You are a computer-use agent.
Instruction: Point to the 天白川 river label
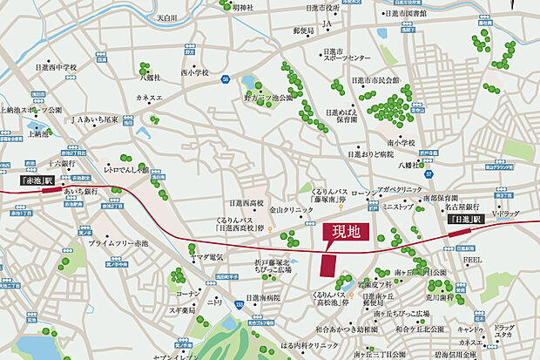pyautogui.click(x=190, y=17)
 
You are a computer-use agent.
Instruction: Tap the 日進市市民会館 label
pyautogui.click(x=375, y=80)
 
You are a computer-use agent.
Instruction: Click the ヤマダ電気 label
pyautogui.click(x=207, y=256)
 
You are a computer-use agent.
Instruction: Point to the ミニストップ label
pyautogui.click(x=399, y=207)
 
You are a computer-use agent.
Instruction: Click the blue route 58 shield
pyautogui.click(x=225, y=79)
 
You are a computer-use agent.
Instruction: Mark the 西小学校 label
pyautogui.click(x=195, y=72)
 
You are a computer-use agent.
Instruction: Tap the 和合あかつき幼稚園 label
pyautogui.click(x=346, y=329)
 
